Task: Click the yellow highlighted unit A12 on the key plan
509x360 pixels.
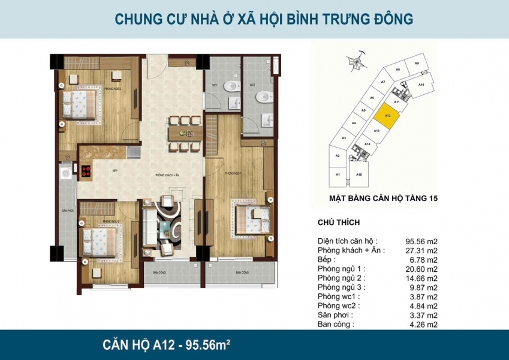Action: [x=387, y=114]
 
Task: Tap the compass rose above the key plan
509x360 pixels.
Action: [x=357, y=59]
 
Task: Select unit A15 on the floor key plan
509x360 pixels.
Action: [x=359, y=174]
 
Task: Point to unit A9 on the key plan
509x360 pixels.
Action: [x=416, y=64]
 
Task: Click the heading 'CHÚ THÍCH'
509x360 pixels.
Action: [x=338, y=223]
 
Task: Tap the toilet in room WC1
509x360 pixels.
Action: [x=230, y=88]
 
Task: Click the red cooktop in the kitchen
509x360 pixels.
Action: [x=85, y=170]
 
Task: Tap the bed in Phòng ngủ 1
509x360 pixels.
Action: [x=251, y=214]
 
